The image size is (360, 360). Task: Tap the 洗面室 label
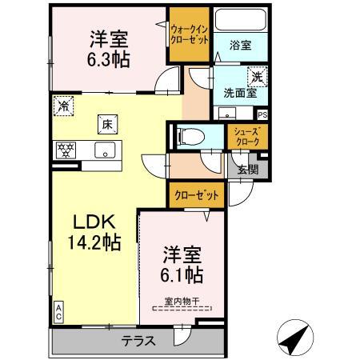click(x=239, y=92)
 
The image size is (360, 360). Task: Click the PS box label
click(x=263, y=114)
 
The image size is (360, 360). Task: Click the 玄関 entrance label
click(x=248, y=169)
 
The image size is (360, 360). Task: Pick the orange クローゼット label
click(x=190, y=194)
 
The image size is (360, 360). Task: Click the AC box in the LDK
click(x=59, y=312)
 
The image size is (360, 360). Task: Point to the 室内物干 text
click(x=182, y=301)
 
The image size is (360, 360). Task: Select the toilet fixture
click(x=186, y=136)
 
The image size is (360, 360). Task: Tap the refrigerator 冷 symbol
click(x=63, y=105)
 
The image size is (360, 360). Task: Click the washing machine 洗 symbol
click(x=258, y=77)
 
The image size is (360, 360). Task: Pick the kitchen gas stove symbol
click(x=66, y=149)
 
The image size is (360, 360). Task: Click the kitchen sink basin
click(x=105, y=149)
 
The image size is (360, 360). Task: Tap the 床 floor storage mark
click(x=106, y=123)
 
